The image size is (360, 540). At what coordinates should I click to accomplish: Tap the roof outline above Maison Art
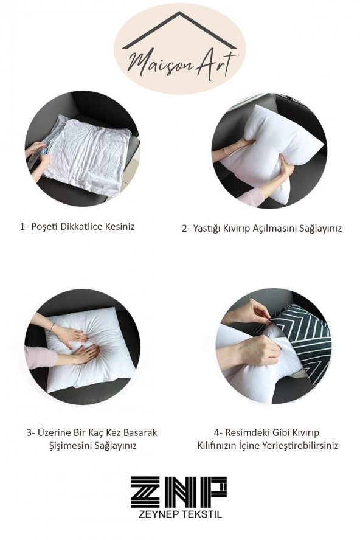[x=179, y=30]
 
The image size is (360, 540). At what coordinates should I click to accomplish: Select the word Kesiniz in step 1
[x=120, y=227]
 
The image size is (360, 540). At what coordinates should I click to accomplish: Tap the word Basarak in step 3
[x=140, y=432]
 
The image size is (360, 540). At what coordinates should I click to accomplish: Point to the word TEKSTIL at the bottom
[x=201, y=514]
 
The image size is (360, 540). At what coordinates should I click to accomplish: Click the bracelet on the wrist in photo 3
[x=52, y=326]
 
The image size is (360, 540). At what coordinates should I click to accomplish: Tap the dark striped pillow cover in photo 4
[x=303, y=341]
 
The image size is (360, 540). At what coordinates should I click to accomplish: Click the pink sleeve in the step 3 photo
[x=40, y=357]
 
